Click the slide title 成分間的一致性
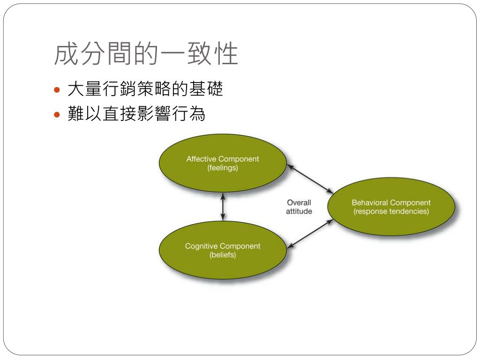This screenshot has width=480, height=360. coord(146,54)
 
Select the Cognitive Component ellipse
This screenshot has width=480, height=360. coord(223,267)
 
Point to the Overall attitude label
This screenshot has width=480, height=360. coord(299,207)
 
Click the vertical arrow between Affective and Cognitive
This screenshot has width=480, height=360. coord(223,207)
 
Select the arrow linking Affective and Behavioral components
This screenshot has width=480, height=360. coord(310,179)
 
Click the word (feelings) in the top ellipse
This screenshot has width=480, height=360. coord(223,168)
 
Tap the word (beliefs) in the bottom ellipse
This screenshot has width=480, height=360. coord(223,255)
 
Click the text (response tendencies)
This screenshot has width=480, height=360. coord(391,211)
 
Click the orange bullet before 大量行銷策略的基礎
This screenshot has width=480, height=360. coord(58,90)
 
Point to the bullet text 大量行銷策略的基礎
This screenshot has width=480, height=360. coord(145,89)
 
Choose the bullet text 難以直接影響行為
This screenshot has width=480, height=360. coord(136,114)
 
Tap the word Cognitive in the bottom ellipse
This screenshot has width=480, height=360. coord(201,246)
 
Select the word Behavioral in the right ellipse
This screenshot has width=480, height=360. coord(370,202)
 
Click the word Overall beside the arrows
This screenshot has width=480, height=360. coord(299,202)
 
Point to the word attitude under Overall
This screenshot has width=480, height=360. coord(299,211)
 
